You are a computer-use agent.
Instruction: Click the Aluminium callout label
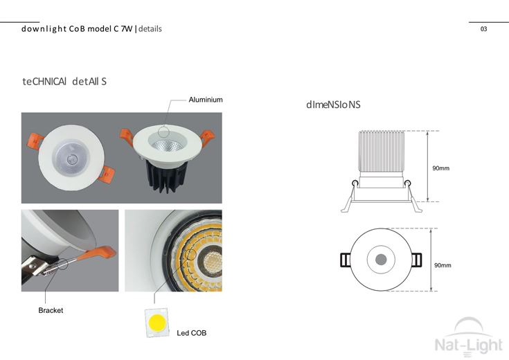pyautogui.click(x=206, y=100)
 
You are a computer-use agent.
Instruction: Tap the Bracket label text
pyautogui.click(x=51, y=310)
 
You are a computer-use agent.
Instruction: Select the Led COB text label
pyautogui.click(x=192, y=333)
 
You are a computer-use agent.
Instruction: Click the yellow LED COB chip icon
pyautogui.click(x=157, y=323)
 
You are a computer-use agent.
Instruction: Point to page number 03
pyautogui.click(x=483, y=29)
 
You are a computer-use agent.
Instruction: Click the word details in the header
pyautogui.click(x=150, y=29)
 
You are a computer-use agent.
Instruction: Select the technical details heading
pyautogui.click(x=64, y=81)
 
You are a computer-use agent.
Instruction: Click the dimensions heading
pyautogui.click(x=333, y=105)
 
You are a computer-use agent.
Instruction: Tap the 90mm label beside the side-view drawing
pyautogui.click(x=441, y=168)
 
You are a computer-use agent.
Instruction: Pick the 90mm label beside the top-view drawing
pyautogui.click(x=443, y=265)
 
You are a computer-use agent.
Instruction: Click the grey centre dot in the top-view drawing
pyautogui.click(x=381, y=260)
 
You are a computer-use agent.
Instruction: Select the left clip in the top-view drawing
pyautogui.click(x=346, y=260)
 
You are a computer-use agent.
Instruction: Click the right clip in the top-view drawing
pyautogui.click(x=416, y=260)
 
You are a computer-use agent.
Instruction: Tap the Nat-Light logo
pyautogui.click(x=468, y=338)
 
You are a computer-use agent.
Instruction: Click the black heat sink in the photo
pyautogui.click(x=167, y=175)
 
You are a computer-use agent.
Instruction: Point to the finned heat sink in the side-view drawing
pyautogui.click(x=382, y=152)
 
